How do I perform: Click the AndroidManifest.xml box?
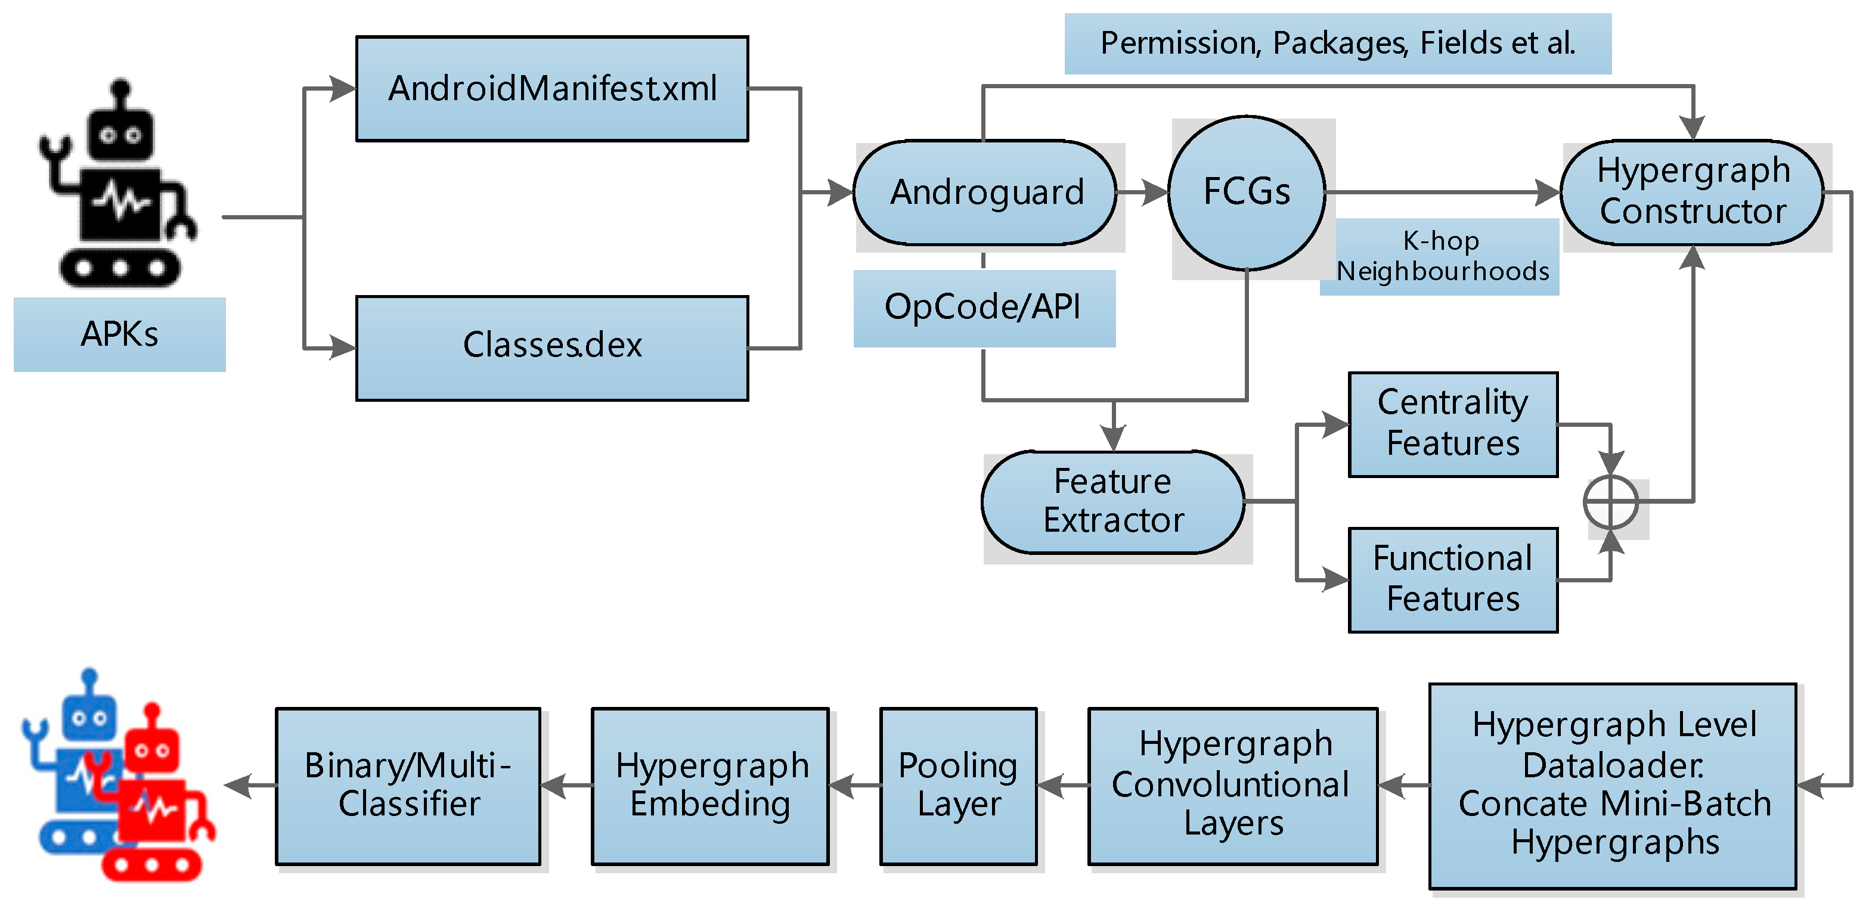click(552, 88)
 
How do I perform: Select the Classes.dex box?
click(552, 348)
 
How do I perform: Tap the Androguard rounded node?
click(985, 193)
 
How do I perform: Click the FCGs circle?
click(1247, 193)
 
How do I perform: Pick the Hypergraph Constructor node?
click(1692, 193)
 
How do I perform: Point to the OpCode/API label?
click(984, 308)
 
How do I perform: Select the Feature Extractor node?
click(1114, 502)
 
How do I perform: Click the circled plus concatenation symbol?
click(1611, 502)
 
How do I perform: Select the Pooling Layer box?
click(959, 786)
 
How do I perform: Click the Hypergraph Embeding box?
click(710, 786)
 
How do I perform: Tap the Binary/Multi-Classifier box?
click(408, 786)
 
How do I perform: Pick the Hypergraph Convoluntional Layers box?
click(1233, 786)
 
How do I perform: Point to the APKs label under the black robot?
click(120, 334)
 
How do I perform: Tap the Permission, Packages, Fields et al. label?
click(1338, 44)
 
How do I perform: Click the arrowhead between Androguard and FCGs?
click(1156, 193)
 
